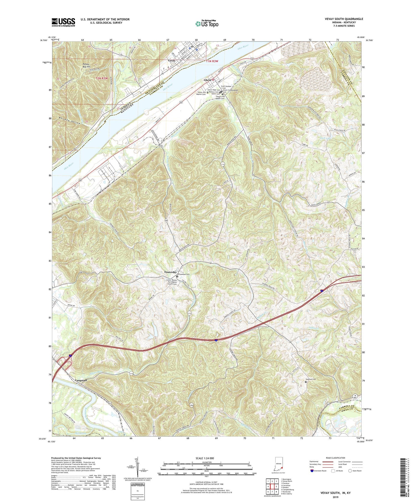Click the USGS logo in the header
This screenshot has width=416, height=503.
click(x=63, y=22)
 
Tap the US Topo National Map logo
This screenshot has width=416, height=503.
click(x=207, y=24)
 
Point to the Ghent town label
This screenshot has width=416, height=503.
click(x=207, y=80)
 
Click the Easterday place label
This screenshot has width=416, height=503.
click(x=169, y=272)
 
